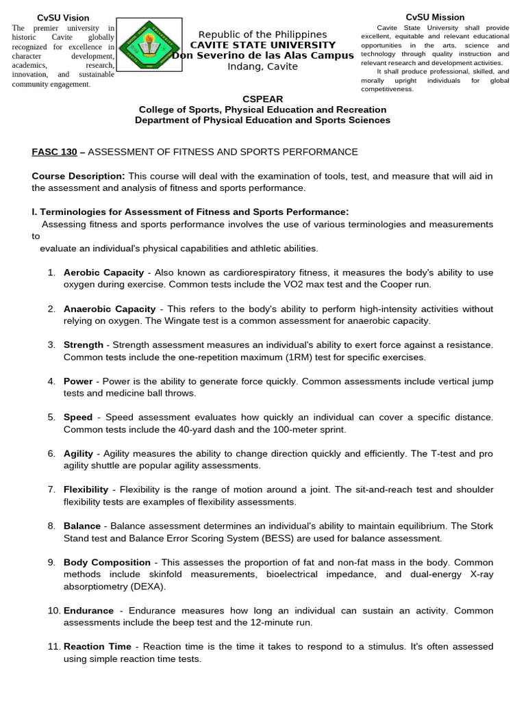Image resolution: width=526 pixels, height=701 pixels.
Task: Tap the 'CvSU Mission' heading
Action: [x=435, y=17]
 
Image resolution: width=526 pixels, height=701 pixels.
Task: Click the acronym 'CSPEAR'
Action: [x=262, y=99]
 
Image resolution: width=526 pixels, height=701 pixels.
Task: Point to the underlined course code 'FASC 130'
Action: [x=54, y=151]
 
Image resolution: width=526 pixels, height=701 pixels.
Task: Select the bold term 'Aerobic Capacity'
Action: [x=103, y=272]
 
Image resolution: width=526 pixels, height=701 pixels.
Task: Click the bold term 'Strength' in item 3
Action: [x=84, y=345]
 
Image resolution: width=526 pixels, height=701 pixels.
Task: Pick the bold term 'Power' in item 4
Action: [x=78, y=381]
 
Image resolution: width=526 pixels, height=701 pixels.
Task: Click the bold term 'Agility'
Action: [x=78, y=454]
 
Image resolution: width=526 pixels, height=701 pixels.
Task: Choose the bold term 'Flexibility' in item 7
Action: [x=86, y=489]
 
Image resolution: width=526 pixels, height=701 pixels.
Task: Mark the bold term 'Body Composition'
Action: [x=107, y=562]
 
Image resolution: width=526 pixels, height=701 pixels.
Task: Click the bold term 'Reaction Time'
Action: [x=97, y=647]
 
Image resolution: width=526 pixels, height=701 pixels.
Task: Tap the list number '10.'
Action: [x=54, y=611]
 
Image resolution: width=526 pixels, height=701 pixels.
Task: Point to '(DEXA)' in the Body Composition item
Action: [x=144, y=587]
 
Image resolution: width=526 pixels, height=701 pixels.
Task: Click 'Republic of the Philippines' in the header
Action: [x=262, y=34]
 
